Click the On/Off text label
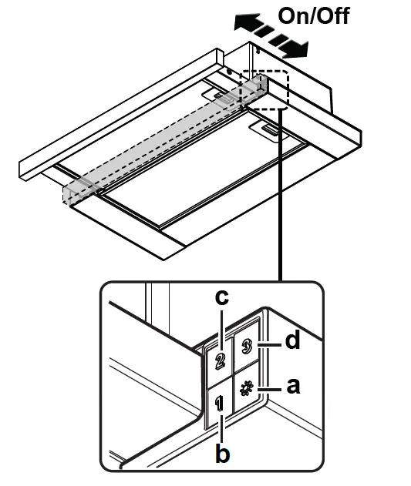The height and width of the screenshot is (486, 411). pyautogui.click(x=314, y=16)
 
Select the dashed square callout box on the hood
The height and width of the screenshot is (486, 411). pyautogui.click(x=264, y=89)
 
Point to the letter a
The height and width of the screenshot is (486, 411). pyautogui.click(x=292, y=387)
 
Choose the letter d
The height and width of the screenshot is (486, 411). pyautogui.click(x=293, y=340)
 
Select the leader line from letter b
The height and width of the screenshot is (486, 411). pyautogui.click(x=222, y=427)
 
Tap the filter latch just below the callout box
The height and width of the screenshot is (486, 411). pyautogui.click(x=271, y=132)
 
